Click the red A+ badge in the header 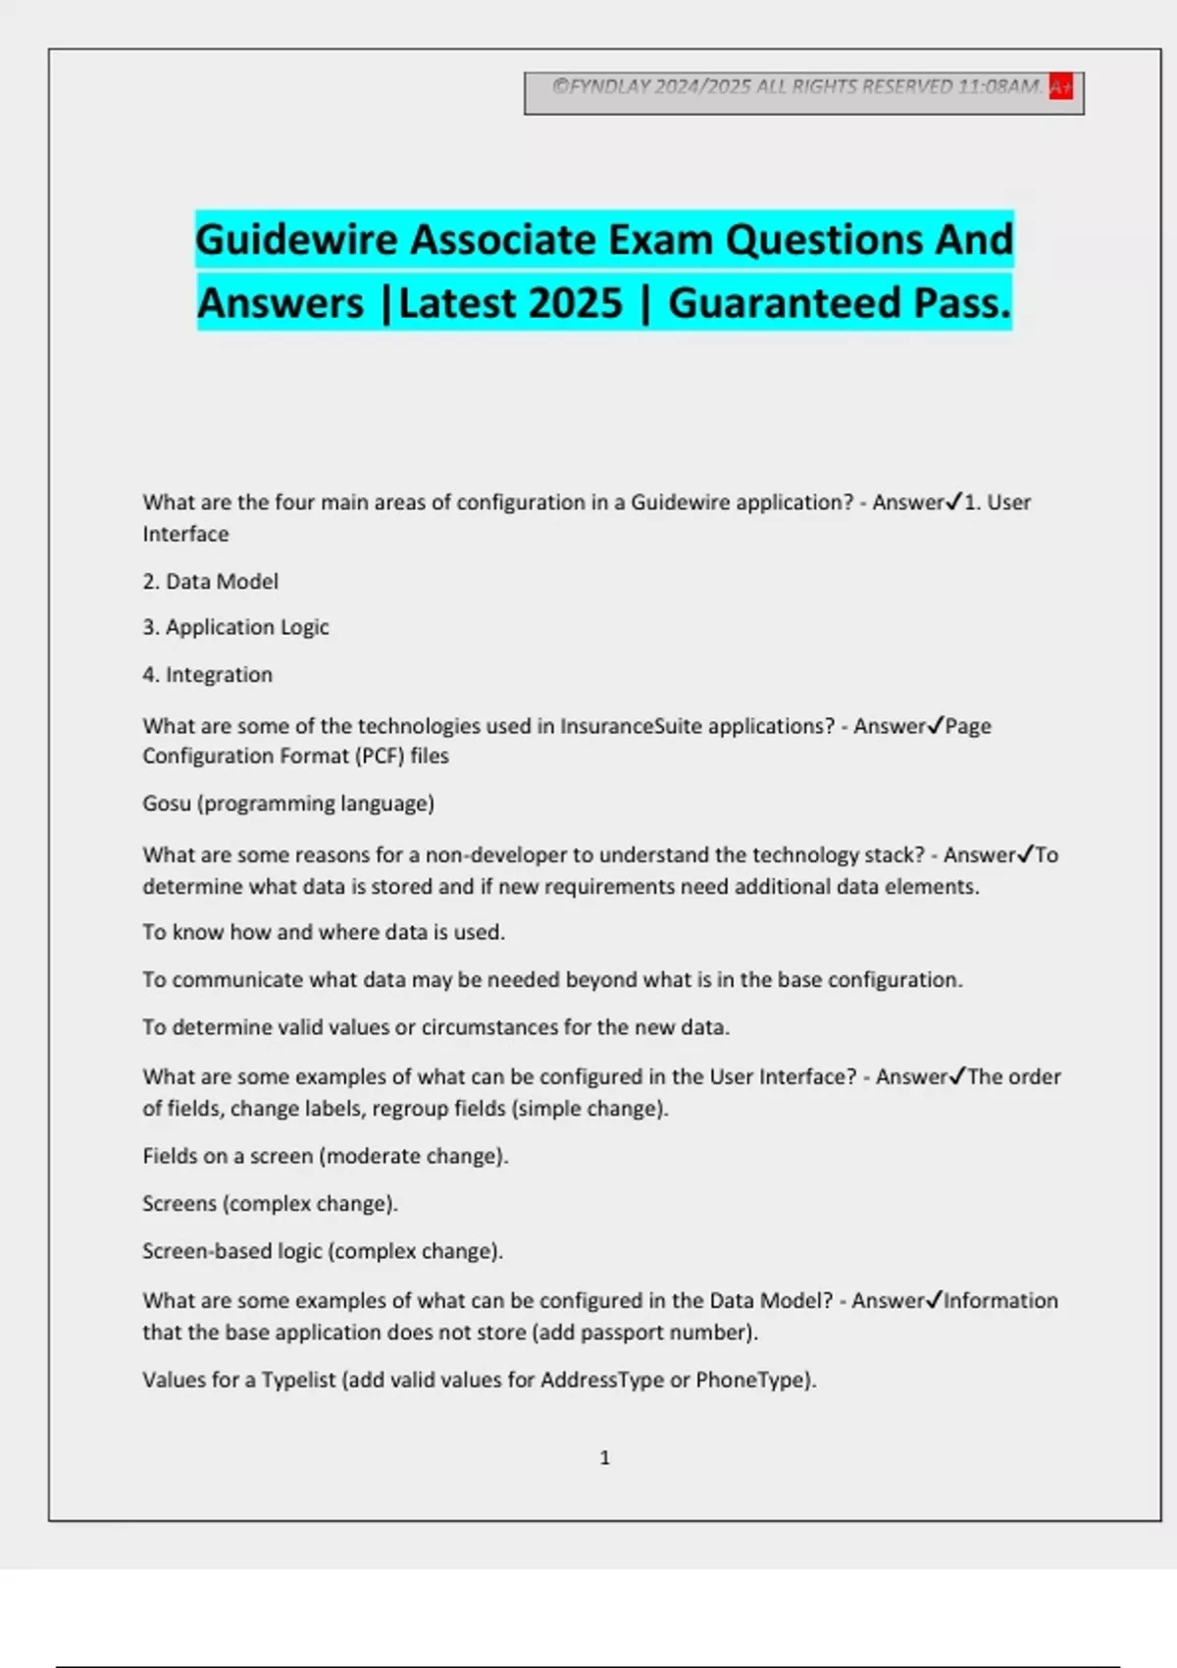(1060, 86)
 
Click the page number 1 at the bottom (604, 1458)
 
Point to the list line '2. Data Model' (210, 582)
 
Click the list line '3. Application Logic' (235, 627)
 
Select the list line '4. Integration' (207, 675)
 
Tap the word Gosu (167, 804)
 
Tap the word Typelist (298, 1380)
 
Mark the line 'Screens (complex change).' (270, 1204)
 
